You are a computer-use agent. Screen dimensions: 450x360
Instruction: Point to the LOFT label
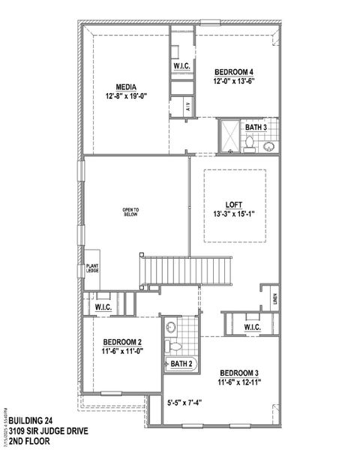[233, 203]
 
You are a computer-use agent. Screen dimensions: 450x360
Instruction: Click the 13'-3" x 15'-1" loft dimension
[233, 214]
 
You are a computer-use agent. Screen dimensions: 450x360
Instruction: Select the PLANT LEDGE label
[92, 268]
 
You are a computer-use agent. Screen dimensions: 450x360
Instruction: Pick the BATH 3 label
[256, 127]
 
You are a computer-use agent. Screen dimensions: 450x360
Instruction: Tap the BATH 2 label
[181, 364]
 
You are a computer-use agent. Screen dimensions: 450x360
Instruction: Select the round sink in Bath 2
[172, 327]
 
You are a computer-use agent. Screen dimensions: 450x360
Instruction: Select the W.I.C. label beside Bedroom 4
[181, 66]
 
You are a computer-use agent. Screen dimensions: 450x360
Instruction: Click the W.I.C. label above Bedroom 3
[252, 328]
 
